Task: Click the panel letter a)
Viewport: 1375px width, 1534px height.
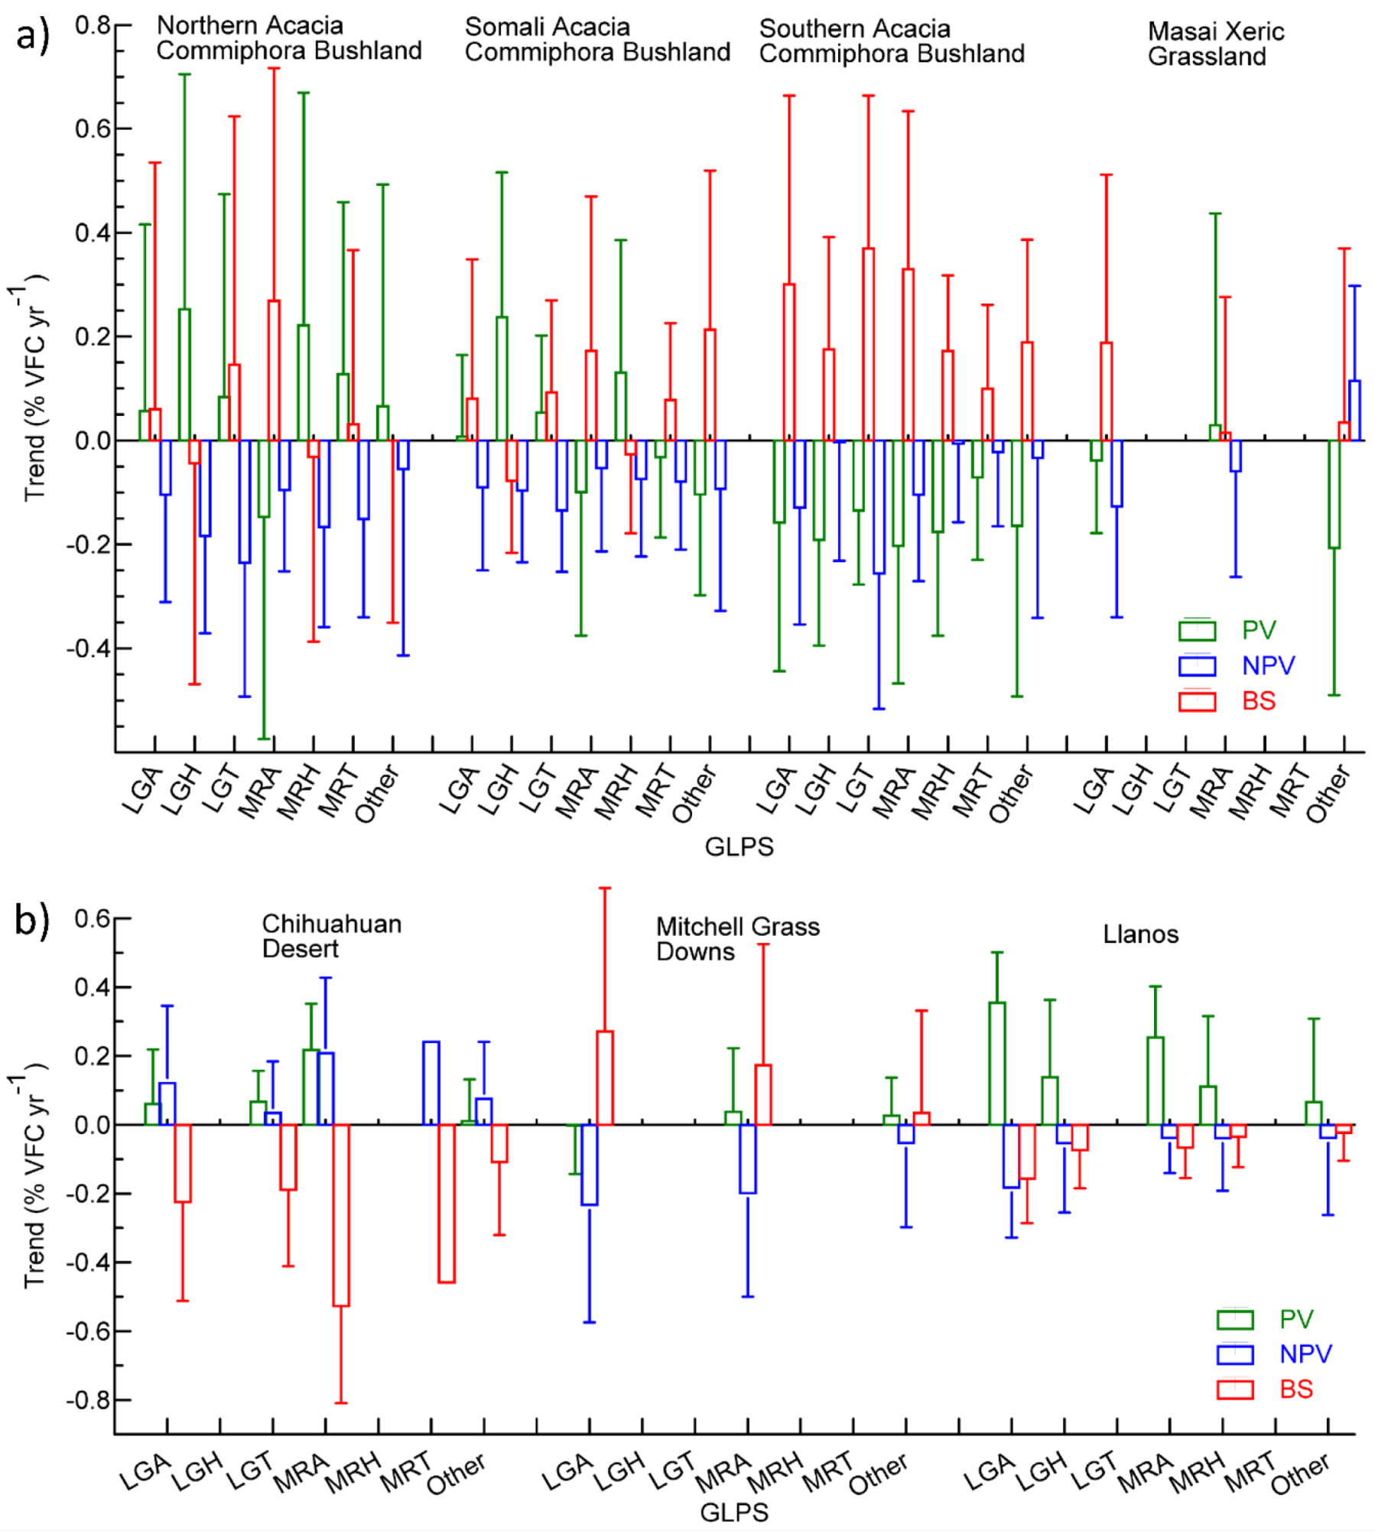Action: tap(31, 34)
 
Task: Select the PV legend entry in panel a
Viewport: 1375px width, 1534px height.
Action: tap(1258, 630)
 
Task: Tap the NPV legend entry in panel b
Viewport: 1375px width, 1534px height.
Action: tap(1305, 1354)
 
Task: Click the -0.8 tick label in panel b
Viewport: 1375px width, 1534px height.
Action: tap(87, 1400)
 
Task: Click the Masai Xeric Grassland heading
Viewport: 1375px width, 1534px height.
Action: tap(1215, 44)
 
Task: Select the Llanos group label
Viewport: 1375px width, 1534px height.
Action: tap(1139, 934)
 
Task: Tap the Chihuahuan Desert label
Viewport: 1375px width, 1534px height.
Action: tap(331, 936)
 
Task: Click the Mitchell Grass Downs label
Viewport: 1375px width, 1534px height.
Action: tap(737, 938)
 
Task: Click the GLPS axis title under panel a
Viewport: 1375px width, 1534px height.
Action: tap(739, 847)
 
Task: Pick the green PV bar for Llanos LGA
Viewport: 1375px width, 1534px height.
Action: tap(996, 1063)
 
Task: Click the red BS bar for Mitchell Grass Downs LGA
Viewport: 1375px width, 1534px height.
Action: tap(604, 1077)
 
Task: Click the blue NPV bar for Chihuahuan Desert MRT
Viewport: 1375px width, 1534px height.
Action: tap(431, 1083)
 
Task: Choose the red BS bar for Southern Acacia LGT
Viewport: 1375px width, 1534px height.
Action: tap(868, 344)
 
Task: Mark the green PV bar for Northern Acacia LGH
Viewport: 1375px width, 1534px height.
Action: tap(184, 375)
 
